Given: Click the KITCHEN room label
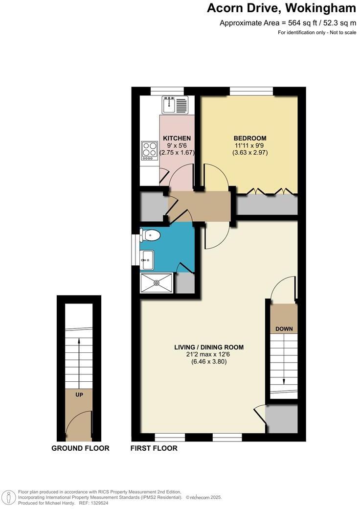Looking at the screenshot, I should point(177,138).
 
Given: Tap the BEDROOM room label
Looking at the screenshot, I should point(249,138).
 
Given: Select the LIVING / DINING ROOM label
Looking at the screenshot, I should point(209,347).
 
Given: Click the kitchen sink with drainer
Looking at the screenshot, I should point(175,105).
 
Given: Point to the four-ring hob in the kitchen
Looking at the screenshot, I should point(150,151).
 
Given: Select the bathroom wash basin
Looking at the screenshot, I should point(147,258).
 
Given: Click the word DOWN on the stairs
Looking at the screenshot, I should point(284,328).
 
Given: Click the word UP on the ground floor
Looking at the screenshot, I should point(79,393).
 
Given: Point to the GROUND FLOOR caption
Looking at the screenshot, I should point(80,448).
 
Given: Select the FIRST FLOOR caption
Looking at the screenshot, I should point(154,448).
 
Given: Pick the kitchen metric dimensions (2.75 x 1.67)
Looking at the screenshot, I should point(177,153).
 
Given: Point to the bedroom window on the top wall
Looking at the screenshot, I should point(251,91).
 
